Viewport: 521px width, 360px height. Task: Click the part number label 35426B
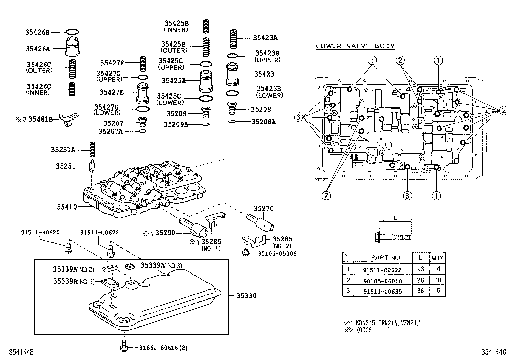coord(37,32)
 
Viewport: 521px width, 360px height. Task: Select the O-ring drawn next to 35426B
coord(72,32)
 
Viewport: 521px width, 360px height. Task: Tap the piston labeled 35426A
coord(73,47)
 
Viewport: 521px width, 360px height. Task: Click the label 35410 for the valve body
coord(67,207)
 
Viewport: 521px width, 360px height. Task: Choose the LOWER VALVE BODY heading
coord(355,46)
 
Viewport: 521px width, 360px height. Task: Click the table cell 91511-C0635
coord(382,291)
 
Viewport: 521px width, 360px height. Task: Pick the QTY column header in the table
coord(437,257)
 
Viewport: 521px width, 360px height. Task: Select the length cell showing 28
coord(421,280)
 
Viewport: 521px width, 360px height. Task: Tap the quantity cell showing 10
coord(438,280)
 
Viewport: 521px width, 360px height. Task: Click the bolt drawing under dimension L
coord(393,236)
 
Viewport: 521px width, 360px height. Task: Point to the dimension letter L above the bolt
coord(396,218)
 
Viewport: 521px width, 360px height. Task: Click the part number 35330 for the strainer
coord(246,296)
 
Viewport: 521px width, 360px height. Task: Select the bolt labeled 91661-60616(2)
coord(123,347)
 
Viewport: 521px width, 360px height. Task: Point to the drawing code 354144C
coord(494,352)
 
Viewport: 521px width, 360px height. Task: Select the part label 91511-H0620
coord(40,232)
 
